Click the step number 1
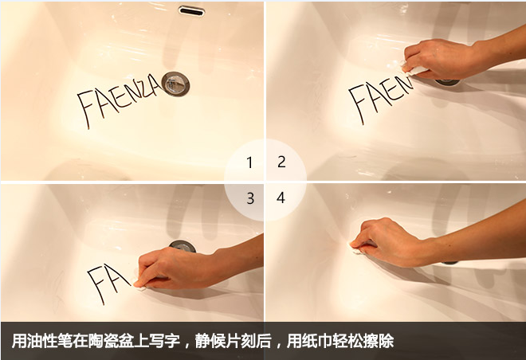point(249,163)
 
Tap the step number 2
point(282,162)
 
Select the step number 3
point(250,199)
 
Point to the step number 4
point(281,198)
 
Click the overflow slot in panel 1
point(191,10)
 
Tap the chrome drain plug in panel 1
point(175,84)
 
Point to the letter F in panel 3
point(96,285)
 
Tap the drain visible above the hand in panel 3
point(183,245)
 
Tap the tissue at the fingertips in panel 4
point(359,249)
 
